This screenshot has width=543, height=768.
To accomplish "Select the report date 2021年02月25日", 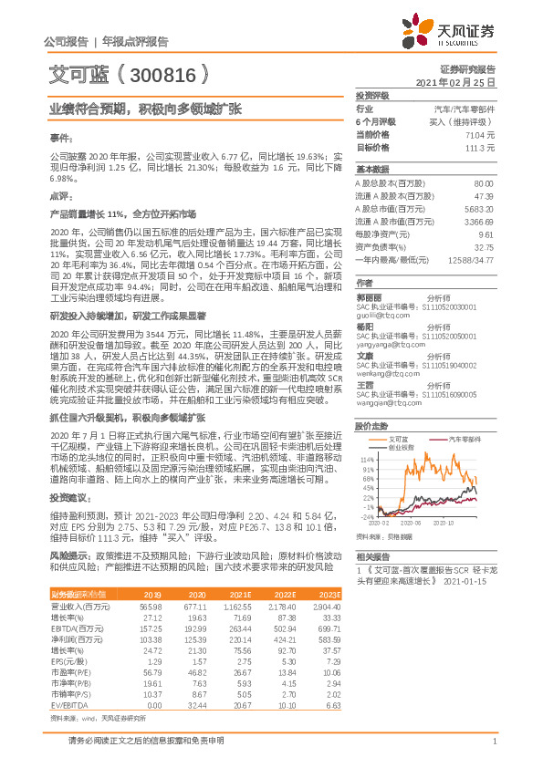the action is tap(462, 82).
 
